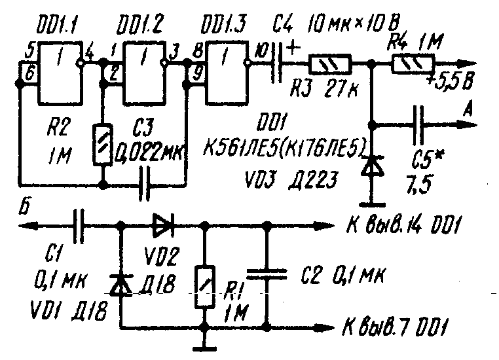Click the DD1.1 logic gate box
[x=60, y=71]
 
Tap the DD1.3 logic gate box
[x=227, y=71]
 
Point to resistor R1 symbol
[x=206, y=285]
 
